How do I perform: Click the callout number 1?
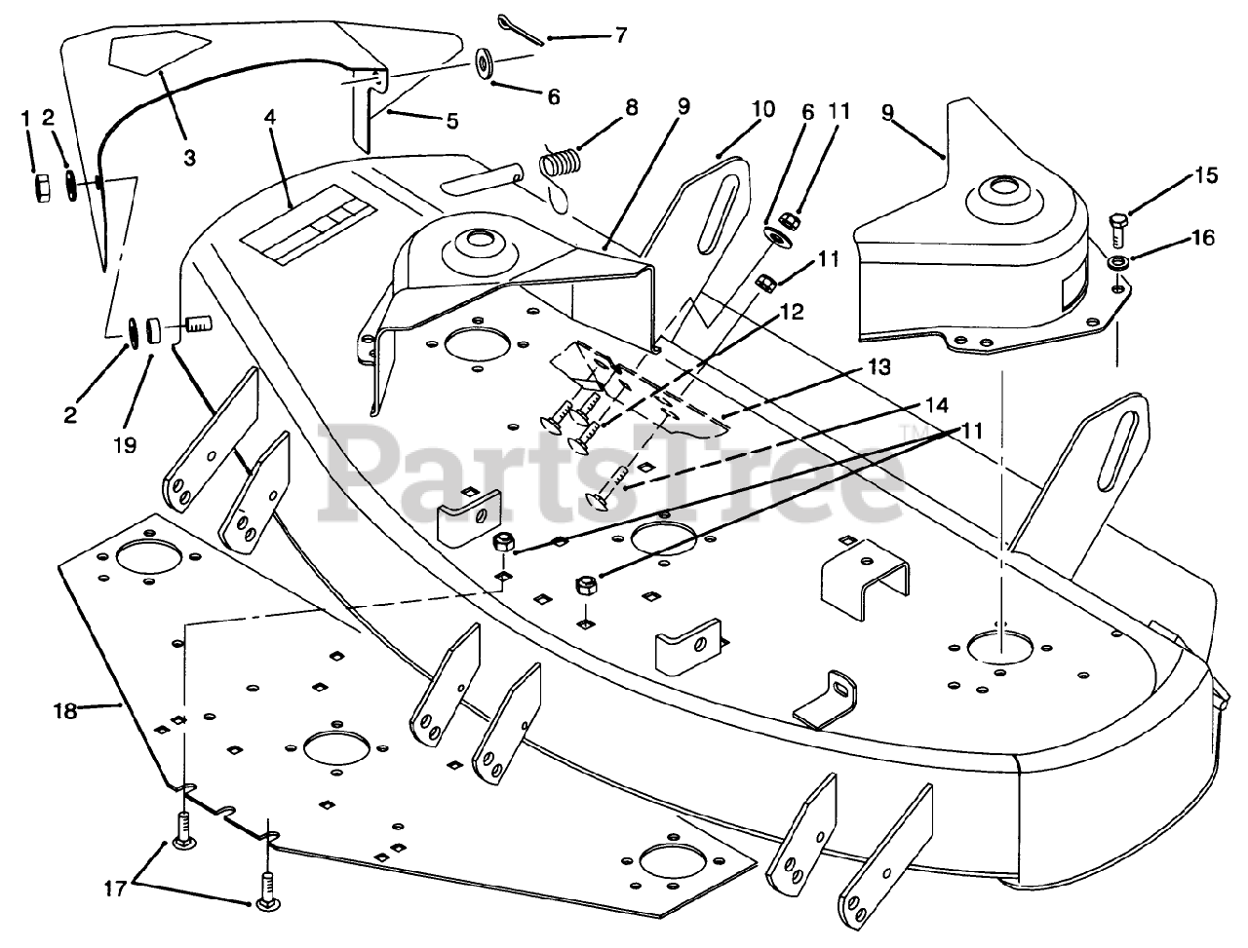coord(27,119)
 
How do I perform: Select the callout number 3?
coord(188,157)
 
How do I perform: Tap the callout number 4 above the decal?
coord(269,118)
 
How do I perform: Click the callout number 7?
coord(621,36)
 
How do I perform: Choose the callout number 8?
coord(632,107)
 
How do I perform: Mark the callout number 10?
coord(763,109)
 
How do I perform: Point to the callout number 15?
coord(1206,176)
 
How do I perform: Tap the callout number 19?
coord(125,445)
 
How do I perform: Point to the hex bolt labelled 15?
coord(1118,231)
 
